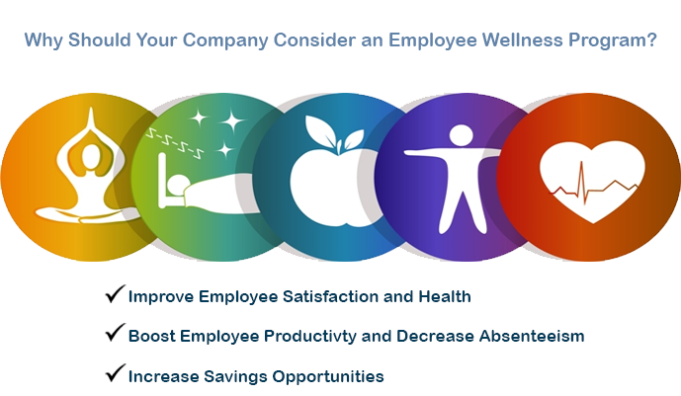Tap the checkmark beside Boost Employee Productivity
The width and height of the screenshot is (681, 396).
coord(115,335)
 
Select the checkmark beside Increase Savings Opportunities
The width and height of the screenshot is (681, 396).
coord(115,374)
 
